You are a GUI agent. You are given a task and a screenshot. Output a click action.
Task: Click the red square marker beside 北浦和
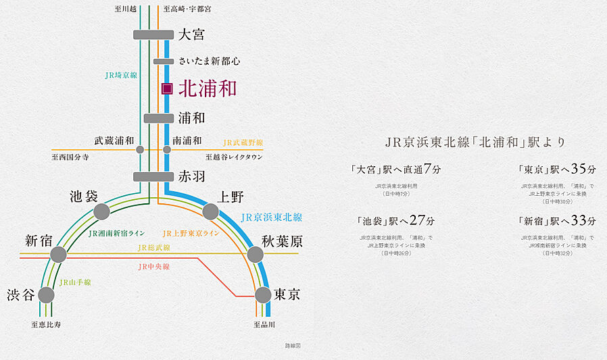167,88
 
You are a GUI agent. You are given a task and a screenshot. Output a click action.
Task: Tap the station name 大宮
191,34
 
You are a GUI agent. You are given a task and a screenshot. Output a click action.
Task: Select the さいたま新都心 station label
210,61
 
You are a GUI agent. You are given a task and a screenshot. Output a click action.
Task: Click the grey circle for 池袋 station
101,212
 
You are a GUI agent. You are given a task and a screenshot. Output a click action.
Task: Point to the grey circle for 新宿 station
58,255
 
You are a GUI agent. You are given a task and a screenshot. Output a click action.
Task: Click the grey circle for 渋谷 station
46,295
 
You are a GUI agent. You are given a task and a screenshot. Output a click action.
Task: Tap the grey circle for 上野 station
211,212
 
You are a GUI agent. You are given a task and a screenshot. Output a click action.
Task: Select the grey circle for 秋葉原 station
255,255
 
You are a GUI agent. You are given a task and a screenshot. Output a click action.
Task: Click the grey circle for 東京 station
264,295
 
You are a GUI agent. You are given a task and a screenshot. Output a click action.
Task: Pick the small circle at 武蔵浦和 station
140,149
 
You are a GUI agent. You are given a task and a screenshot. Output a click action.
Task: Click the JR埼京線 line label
121,76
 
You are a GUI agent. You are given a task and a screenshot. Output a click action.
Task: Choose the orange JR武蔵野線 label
243,143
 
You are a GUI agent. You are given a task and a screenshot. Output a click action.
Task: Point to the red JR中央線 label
153,267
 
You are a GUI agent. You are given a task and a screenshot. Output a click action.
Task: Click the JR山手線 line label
76,282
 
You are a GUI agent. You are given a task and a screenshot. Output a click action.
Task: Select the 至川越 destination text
126,9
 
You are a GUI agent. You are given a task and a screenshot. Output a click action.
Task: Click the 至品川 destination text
264,325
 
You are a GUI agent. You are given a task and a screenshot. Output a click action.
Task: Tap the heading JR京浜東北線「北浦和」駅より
475,143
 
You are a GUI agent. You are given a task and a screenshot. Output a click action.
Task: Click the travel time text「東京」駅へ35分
554,169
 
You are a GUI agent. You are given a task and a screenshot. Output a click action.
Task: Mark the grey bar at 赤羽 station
153,177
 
